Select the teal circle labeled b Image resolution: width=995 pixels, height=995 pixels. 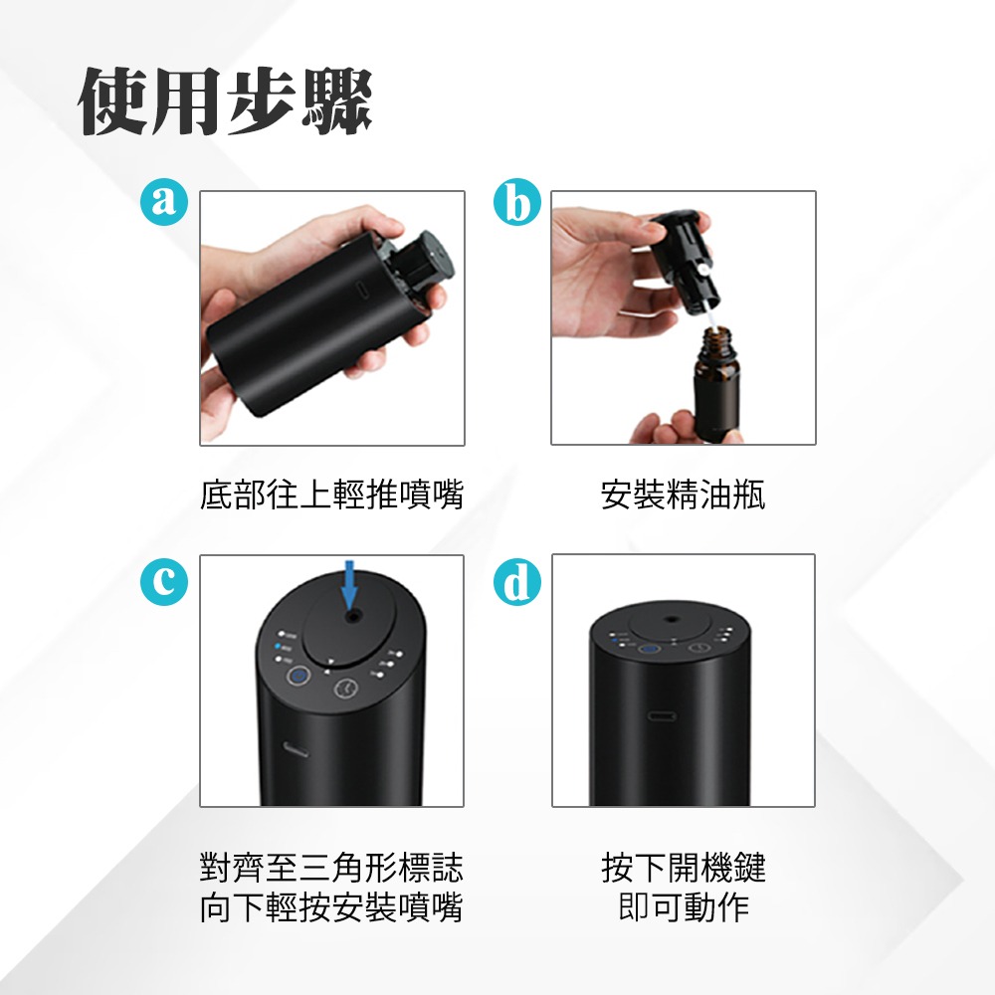(516, 202)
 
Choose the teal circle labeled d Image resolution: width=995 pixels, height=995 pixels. (516, 584)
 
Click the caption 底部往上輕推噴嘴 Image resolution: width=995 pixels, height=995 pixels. (331, 495)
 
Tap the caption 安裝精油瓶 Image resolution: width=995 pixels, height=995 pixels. (683, 495)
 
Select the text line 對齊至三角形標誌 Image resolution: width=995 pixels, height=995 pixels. (331, 868)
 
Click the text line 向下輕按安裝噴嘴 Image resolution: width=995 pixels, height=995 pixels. (331, 907)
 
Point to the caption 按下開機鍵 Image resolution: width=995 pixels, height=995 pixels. (683, 868)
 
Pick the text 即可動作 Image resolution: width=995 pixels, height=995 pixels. (683, 907)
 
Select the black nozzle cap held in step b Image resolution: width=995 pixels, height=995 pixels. (682, 249)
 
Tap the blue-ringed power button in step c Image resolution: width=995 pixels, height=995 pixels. (297, 679)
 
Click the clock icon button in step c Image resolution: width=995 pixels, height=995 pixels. (345, 688)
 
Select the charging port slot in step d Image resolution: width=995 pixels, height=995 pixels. (661, 716)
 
